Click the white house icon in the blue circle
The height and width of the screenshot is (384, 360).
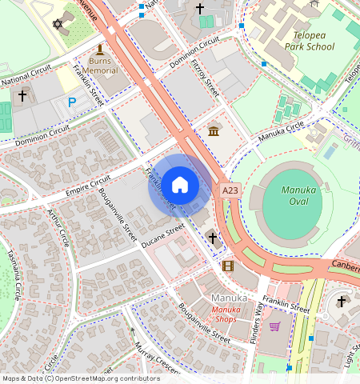pos(180,185)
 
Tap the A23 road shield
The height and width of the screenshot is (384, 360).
pos(230,190)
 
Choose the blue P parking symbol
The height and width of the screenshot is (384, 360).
pos(72,102)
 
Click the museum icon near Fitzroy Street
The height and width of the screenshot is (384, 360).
pos(214,131)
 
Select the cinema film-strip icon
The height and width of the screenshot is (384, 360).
pos(229,266)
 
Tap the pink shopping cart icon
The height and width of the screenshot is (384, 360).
pos(275,326)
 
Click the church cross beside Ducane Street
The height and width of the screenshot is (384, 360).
pos(212,238)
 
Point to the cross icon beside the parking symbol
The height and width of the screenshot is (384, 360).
pos(22,96)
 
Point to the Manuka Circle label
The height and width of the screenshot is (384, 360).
pos(281,133)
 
